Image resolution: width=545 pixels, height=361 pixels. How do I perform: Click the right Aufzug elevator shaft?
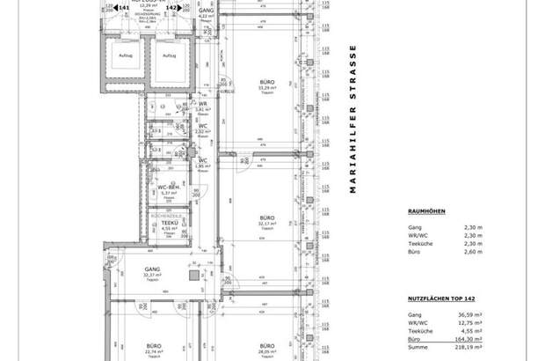[x=168, y=63]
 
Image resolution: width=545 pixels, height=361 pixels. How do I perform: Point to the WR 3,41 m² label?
[x=202, y=107]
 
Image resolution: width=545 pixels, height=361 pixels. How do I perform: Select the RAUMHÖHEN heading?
[x=429, y=211]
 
